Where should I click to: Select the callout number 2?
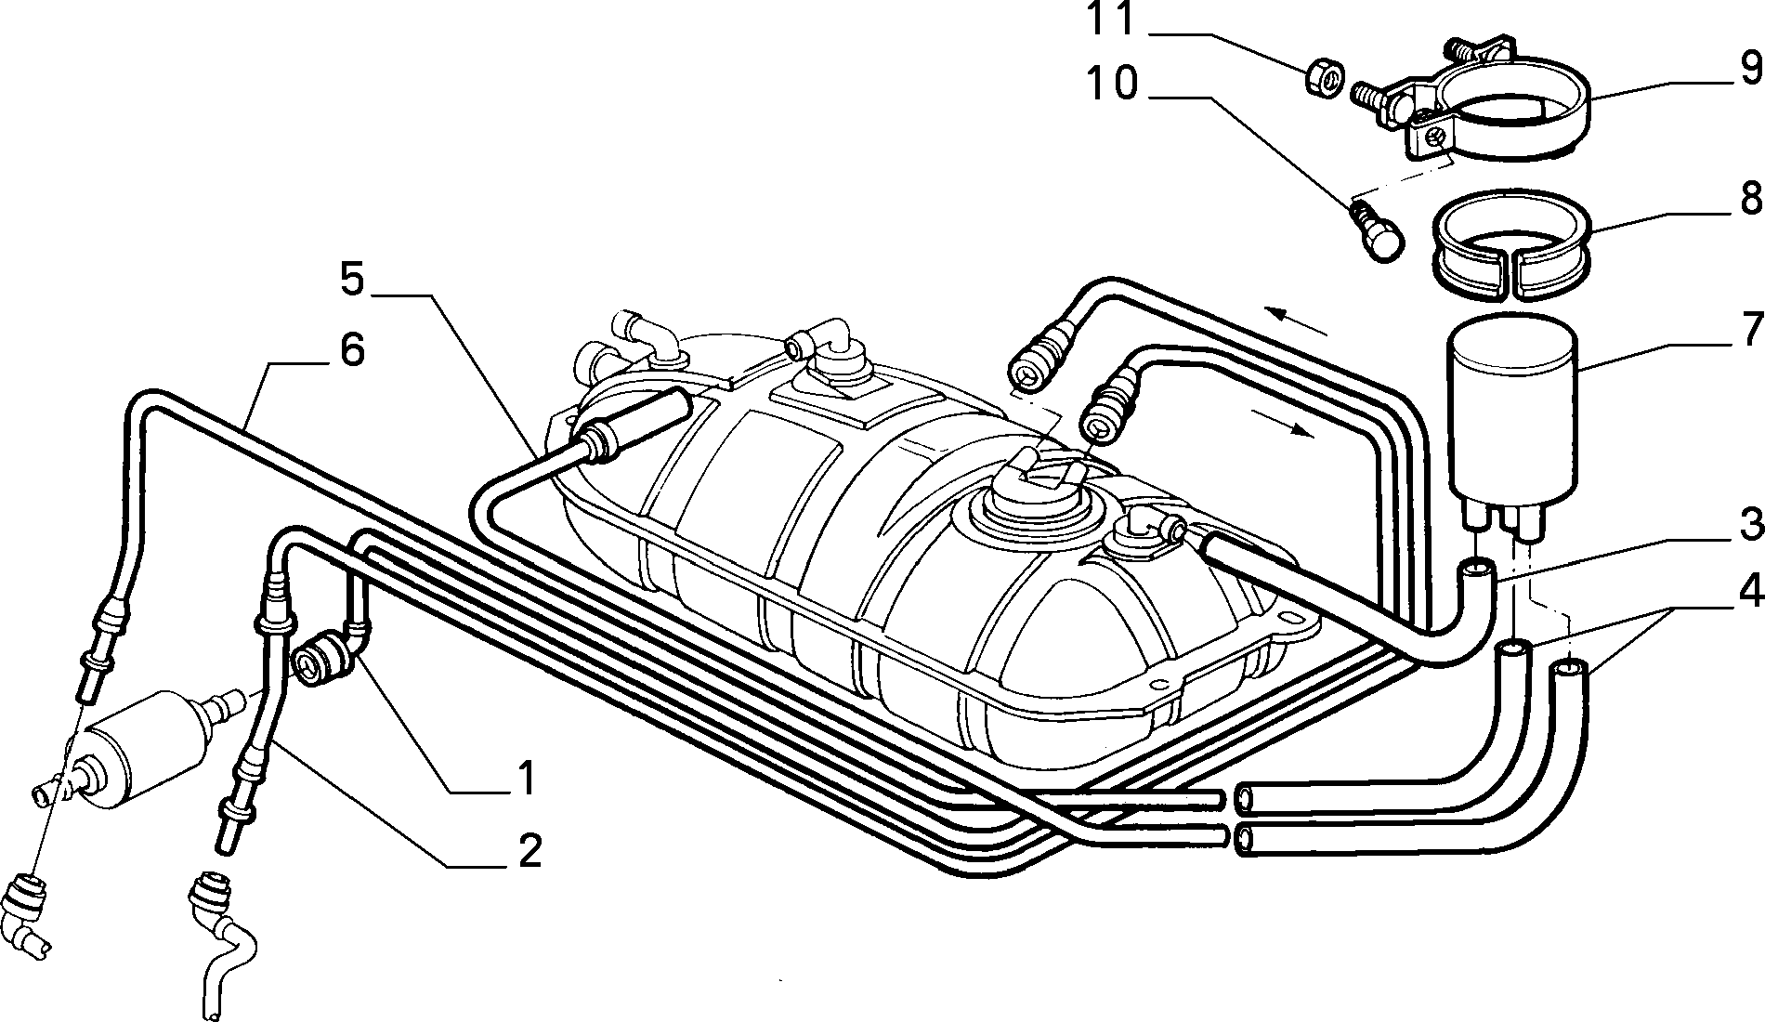point(528,850)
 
